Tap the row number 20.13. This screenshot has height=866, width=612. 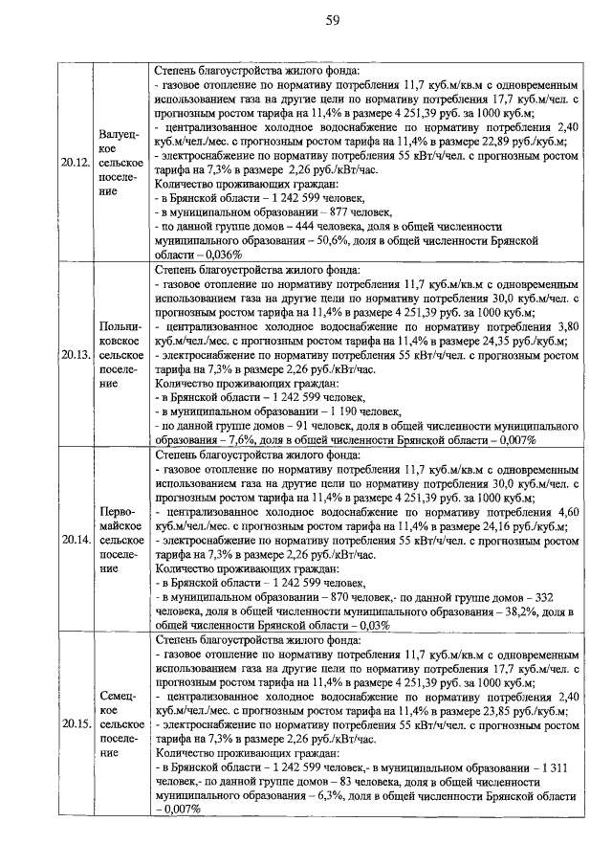pyautogui.click(x=75, y=353)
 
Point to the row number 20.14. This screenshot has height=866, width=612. pyautogui.click(x=75, y=539)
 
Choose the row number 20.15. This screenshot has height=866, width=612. pyautogui.click(x=75, y=723)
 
